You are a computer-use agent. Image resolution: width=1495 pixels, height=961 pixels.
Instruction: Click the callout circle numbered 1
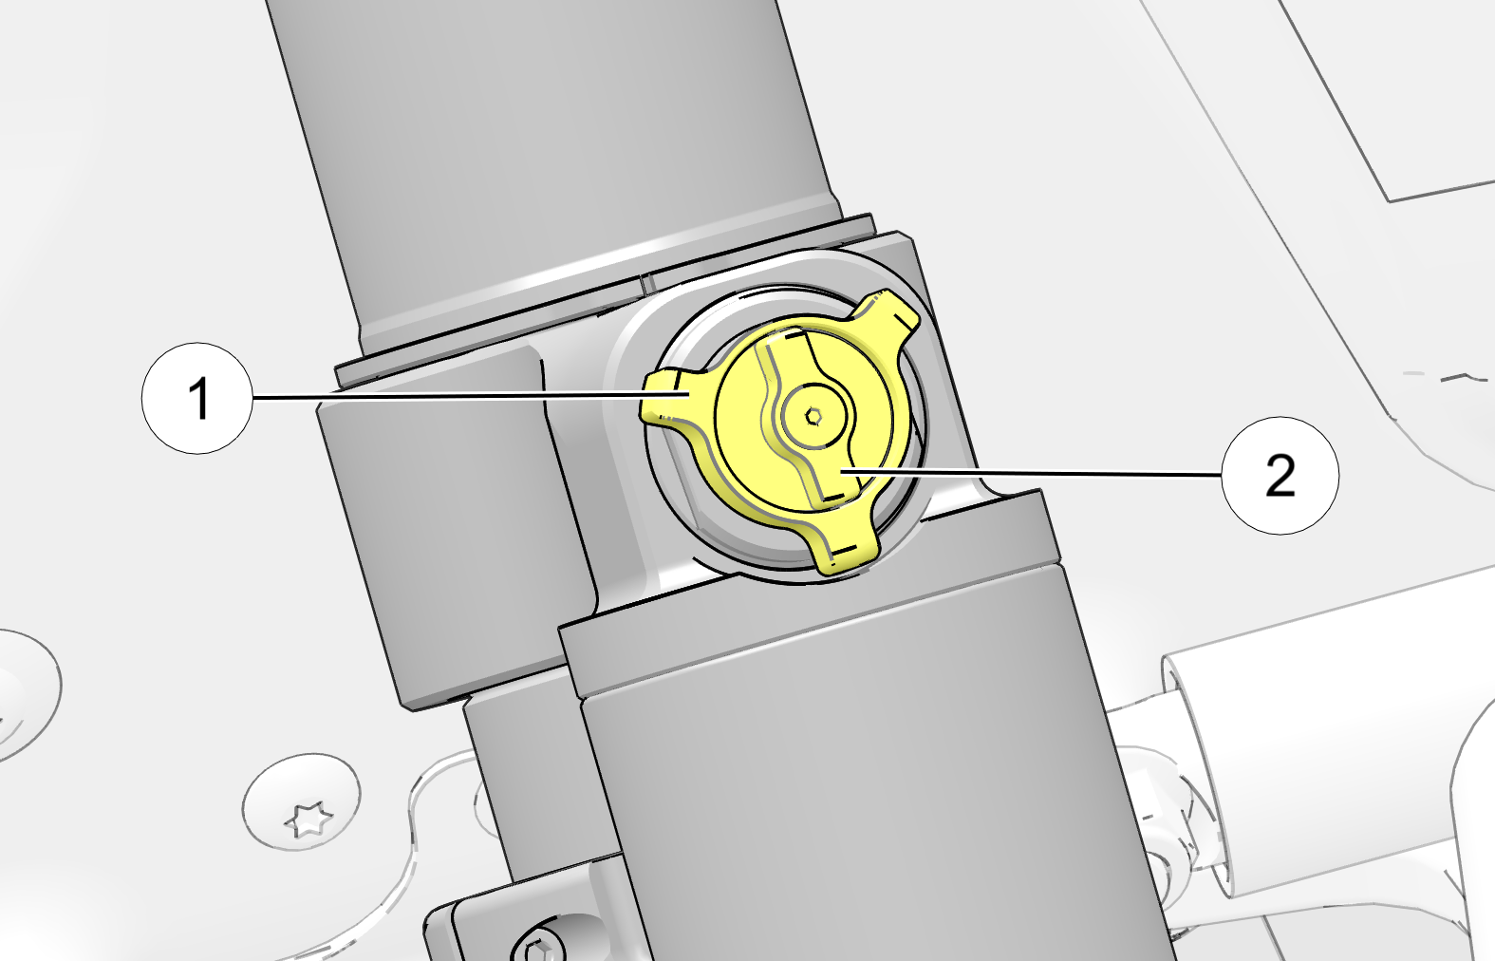197,398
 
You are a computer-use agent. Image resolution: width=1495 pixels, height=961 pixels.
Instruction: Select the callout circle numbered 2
1280,476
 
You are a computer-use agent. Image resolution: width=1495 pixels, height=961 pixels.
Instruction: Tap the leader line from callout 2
1032,474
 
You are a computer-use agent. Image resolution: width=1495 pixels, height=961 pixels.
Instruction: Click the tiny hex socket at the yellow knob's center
813,417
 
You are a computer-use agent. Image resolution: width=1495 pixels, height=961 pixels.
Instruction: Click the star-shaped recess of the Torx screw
308,819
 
